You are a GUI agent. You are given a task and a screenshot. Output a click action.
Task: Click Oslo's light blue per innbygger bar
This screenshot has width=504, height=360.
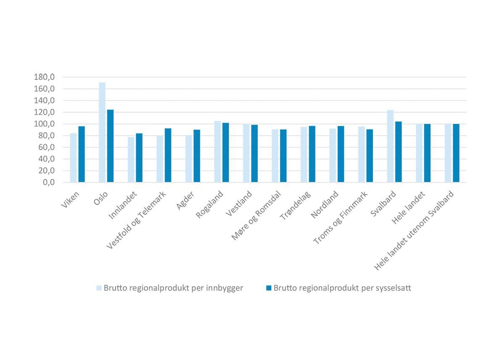click(102, 132)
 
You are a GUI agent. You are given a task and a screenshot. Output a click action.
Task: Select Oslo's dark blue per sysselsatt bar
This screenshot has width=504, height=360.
click(110, 146)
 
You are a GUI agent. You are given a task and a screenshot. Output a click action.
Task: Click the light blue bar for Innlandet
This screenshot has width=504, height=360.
click(131, 160)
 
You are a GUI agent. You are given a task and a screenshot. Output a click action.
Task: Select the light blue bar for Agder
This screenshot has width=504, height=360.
click(189, 159)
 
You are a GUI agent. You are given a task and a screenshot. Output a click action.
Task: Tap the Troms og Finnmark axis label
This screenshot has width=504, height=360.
click(341, 218)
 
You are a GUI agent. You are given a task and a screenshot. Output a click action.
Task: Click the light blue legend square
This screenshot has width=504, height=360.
click(99, 288)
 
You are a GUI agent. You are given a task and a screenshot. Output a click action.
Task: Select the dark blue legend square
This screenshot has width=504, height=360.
click(268, 288)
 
